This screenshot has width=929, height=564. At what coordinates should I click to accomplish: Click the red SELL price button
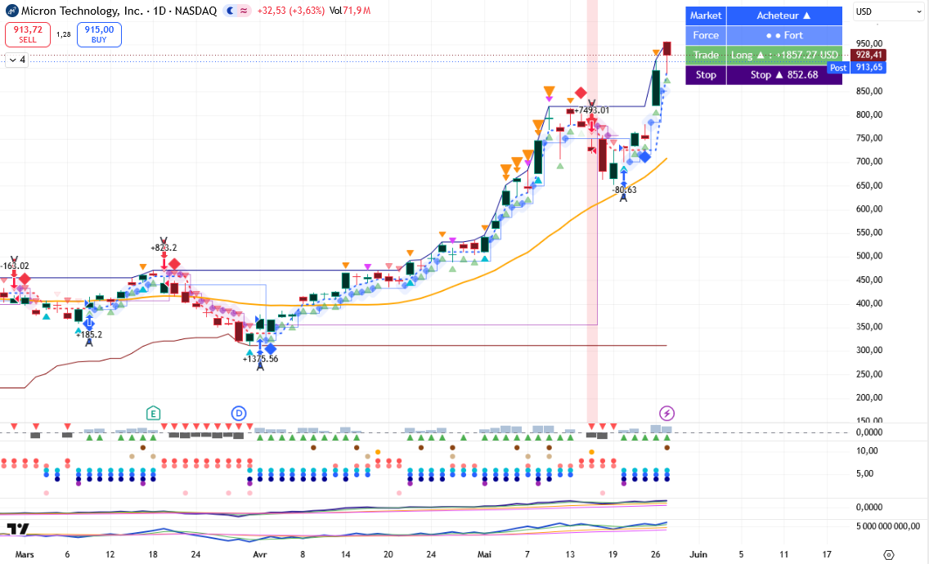(x=28, y=34)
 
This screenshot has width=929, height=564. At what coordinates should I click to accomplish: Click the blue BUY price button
(x=99, y=34)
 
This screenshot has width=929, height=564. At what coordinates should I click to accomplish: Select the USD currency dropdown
(x=888, y=11)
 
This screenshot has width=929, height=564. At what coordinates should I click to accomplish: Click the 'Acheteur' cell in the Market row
(x=783, y=16)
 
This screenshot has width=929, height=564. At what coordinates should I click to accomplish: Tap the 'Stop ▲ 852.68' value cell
(x=783, y=74)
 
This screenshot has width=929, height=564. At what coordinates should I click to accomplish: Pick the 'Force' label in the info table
(x=706, y=35)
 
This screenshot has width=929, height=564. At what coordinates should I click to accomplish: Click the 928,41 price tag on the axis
(x=868, y=55)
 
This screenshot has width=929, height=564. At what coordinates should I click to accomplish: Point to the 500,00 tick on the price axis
(x=869, y=256)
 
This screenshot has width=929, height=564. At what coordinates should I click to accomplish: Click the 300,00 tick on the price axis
(x=869, y=350)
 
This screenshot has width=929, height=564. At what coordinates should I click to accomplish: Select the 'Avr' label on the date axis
(x=259, y=554)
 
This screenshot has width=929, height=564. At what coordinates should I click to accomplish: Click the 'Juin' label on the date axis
(x=698, y=554)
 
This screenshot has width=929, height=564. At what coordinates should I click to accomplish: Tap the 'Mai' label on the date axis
(x=484, y=554)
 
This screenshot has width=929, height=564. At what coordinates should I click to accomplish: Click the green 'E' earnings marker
(x=153, y=414)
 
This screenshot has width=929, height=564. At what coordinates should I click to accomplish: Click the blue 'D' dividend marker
(x=238, y=414)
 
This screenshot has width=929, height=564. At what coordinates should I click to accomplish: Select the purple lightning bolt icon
(x=666, y=414)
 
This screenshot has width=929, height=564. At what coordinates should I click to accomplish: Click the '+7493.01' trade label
(x=591, y=110)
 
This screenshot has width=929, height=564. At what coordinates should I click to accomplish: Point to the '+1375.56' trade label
(x=260, y=359)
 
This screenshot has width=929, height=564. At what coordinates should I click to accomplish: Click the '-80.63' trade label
(x=625, y=190)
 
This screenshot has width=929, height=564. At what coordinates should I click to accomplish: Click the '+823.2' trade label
(x=164, y=248)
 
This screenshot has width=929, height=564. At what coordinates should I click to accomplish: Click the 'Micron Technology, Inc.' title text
(x=83, y=11)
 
